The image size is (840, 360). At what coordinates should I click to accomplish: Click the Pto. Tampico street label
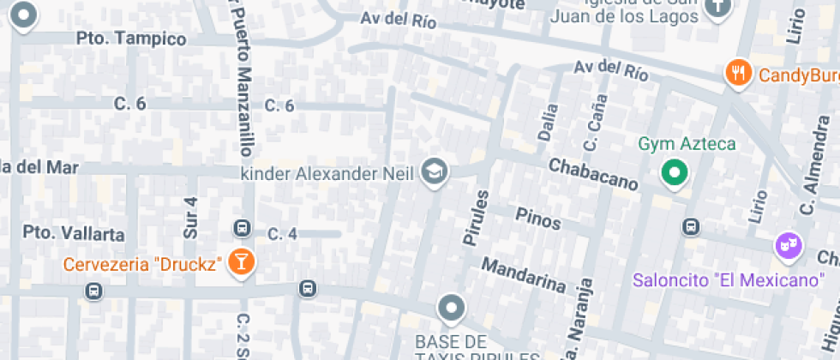[x=131, y=39]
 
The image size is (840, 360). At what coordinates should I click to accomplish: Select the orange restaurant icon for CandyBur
[x=738, y=73]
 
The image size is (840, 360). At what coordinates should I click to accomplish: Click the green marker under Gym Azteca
[x=675, y=173]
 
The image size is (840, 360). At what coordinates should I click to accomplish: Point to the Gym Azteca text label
[x=687, y=143]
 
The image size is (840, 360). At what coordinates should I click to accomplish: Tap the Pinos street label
[x=537, y=218]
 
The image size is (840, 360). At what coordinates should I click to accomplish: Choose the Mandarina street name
[x=524, y=275]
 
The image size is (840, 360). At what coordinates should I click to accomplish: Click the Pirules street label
[x=475, y=217]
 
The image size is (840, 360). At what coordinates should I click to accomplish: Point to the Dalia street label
[x=548, y=121]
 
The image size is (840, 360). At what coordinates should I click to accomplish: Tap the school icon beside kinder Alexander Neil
[x=435, y=172]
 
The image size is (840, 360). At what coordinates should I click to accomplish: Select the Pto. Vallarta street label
[x=74, y=233]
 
